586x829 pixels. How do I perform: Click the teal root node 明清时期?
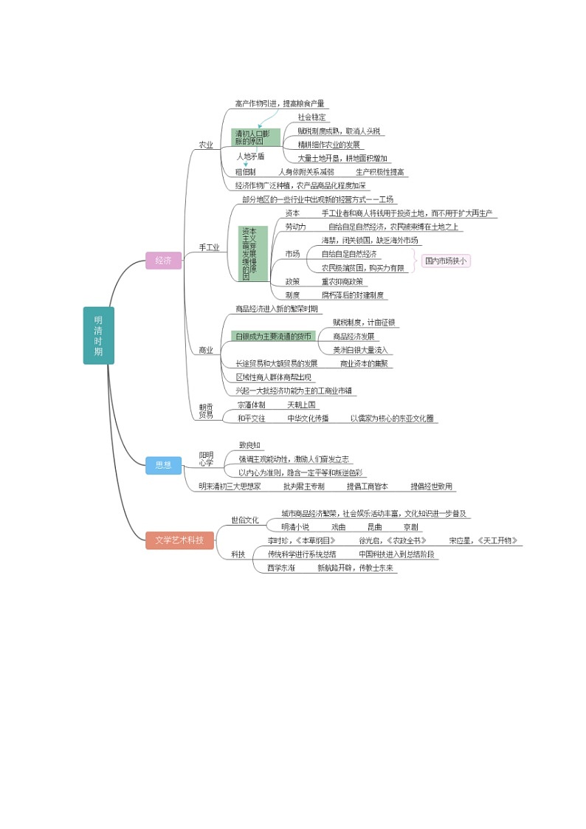click(x=98, y=336)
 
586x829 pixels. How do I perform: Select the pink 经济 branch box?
click(x=163, y=261)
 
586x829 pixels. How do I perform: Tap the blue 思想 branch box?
click(x=163, y=464)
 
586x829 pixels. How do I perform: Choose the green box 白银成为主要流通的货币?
click(x=273, y=336)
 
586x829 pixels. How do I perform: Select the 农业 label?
click(x=206, y=145)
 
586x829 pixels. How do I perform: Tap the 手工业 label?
click(x=209, y=247)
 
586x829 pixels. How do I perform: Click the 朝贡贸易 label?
click(x=205, y=410)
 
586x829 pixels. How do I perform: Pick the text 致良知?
click(x=249, y=445)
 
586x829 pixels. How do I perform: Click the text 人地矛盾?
click(x=250, y=156)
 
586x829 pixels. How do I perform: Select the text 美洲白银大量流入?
click(x=360, y=350)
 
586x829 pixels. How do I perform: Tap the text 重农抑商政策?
click(x=342, y=281)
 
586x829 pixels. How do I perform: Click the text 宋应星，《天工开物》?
click(x=483, y=540)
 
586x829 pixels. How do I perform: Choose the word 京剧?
click(x=411, y=527)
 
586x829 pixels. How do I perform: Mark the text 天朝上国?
click(x=301, y=405)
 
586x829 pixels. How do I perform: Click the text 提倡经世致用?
click(x=432, y=486)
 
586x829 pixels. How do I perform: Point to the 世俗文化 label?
click(x=245, y=520)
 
